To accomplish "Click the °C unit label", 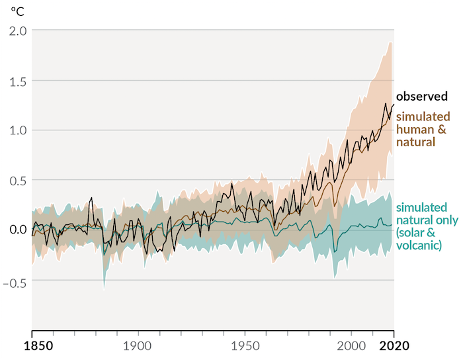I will pyautogui.click(x=17, y=11).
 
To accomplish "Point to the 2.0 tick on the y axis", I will pyautogui.click(x=18, y=30).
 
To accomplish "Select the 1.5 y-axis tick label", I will pyautogui.click(x=18, y=80).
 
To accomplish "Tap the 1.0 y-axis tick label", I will pyautogui.click(x=18, y=130).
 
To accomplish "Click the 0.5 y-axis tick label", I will pyautogui.click(x=18, y=180).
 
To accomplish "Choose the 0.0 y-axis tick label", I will pyautogui.click(x=18, y=230).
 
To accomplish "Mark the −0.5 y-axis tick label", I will pyautogui.click(x=15, y=279).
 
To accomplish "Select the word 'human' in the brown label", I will pyautogui.click(x=411, y=129).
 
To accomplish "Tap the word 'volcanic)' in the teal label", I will pyautogui.click(x=419, y=246).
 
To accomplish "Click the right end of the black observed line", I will pyautogui.click(x=394, y=105).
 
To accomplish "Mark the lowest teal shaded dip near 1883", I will pyautogui.click(x=104, y=288).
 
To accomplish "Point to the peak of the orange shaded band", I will pyautogui.click(x=390, y=42).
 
